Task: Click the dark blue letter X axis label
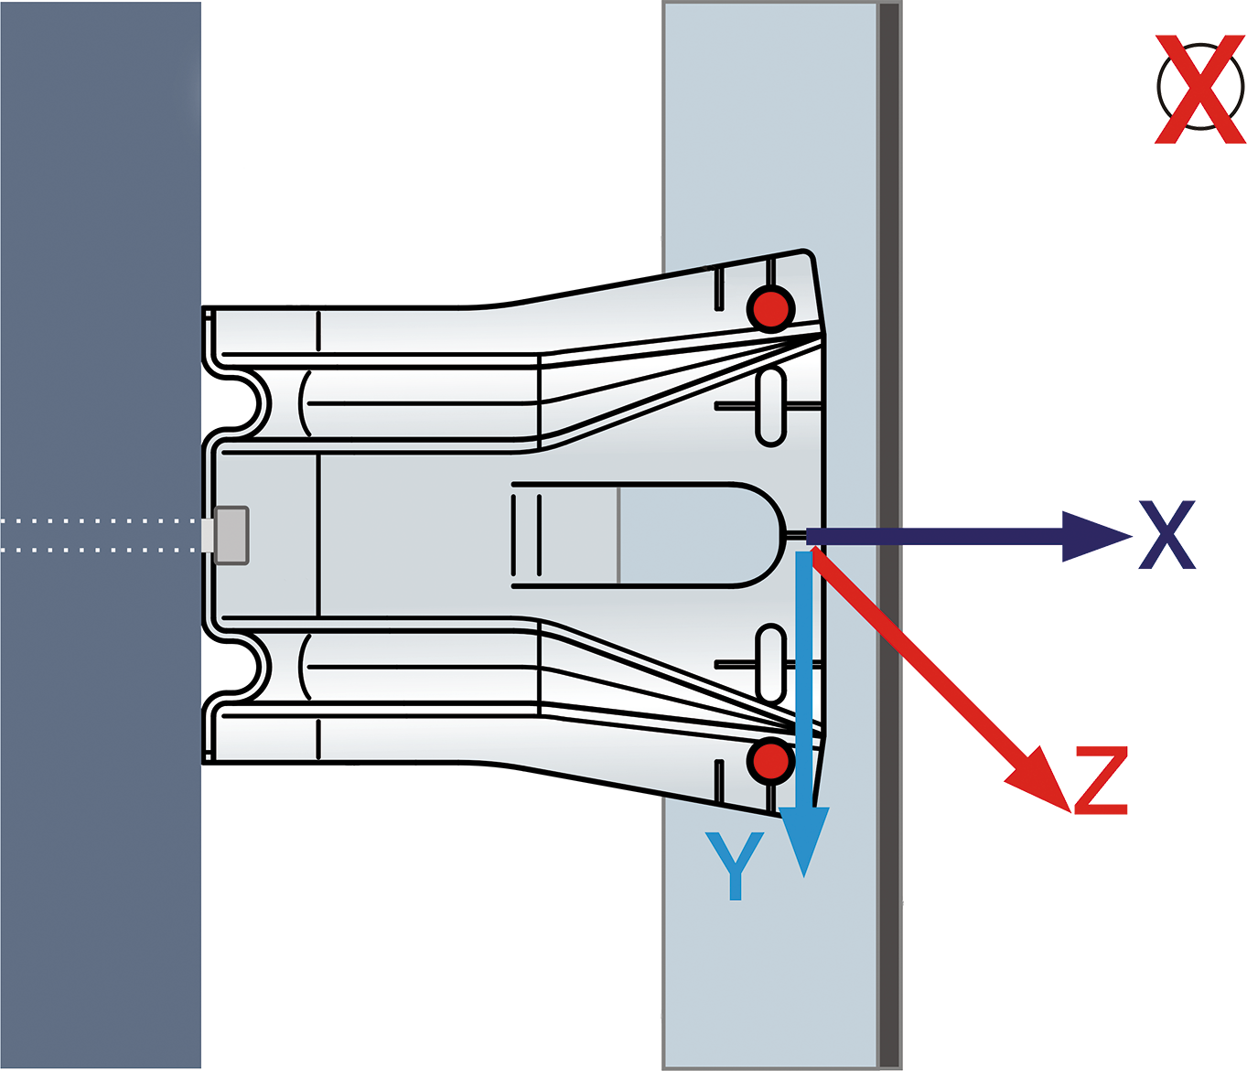coord(1166,534)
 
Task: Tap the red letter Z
coord(1101,780)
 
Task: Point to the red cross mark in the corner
coord(1200,90)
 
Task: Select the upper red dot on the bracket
coord(770,309)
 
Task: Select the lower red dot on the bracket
coord(770,761)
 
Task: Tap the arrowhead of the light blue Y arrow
coord(804,841)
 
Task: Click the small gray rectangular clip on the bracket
coord(231,536)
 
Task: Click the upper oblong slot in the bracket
coord(770,406)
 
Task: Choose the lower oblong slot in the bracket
coord(770,663)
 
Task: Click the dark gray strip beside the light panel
coord(890,536)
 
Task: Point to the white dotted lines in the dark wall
coord(100,535)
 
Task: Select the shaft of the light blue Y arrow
coord(804,680)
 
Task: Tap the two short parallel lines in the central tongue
coord(525,535)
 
